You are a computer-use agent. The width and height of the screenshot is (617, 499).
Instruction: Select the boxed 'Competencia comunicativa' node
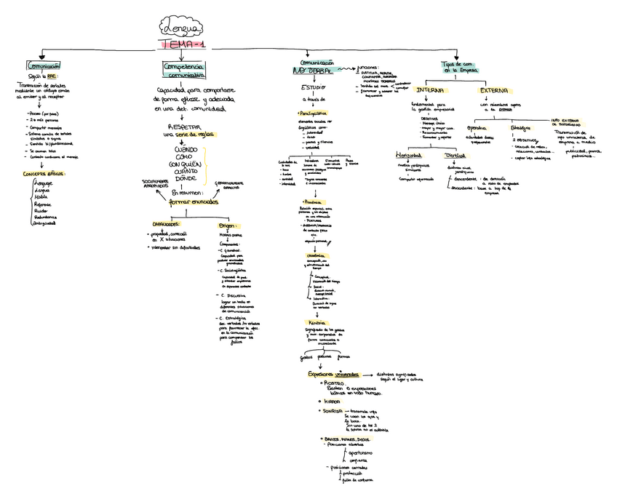pyautogui.click(x=183, y=70)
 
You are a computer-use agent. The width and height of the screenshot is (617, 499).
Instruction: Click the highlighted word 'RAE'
pyautogui.click(x=52, y=75)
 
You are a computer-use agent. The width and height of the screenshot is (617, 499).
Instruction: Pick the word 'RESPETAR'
pyautogui.click(x=185, y=126)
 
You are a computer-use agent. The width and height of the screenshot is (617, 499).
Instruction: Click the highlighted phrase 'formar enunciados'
pyautogui.click(x=193, y=201)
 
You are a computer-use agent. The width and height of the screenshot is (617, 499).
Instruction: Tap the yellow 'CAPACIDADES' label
pyautogui.click(x=165, y=223)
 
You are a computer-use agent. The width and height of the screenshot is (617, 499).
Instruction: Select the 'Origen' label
pyautogui.click(x=228, y=226)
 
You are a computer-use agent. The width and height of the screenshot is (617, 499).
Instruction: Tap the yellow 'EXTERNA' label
pyautogui.click(x=493, y=89)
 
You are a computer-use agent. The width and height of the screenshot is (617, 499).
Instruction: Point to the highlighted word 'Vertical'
pyautogui.click(x=455, y=156)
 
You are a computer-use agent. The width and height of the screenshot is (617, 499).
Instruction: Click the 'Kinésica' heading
pyautogui.click(x=315, y=322)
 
